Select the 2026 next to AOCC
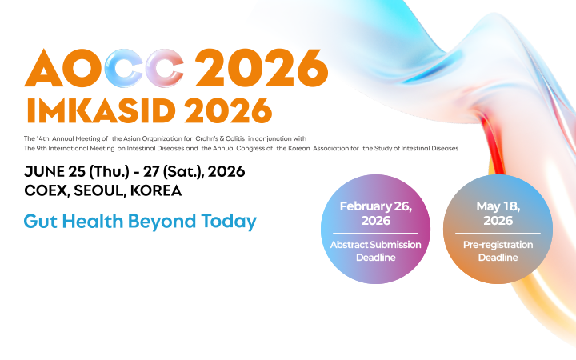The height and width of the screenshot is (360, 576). coord(262,70)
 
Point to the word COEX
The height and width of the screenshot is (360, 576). coord(45,191)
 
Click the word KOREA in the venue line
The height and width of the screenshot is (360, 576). coord(158,191)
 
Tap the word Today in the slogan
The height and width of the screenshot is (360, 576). coord(228,222)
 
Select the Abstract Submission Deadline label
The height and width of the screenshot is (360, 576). coord(375,250)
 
